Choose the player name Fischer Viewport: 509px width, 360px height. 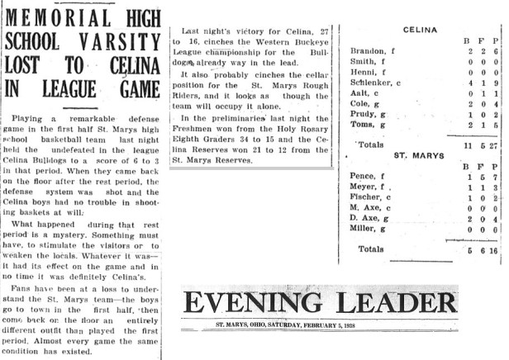click(367, 199)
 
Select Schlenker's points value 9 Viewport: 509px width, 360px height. click(493, 83)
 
